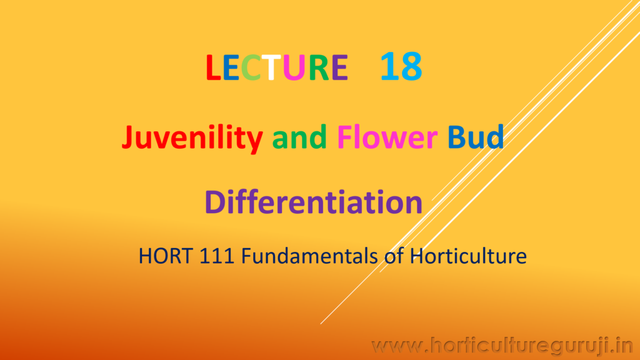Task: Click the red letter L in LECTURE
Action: point(214,67)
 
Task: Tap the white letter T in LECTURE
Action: point(271,67)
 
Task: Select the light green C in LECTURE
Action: point(251,67)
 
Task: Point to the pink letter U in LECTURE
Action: point(294,67)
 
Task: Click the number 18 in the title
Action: point(401,66)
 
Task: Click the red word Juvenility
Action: point(192,138)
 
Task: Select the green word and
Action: point(299,137)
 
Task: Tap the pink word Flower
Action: point(387,137)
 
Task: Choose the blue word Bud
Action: point(476,137)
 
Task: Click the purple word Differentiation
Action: point(314,202)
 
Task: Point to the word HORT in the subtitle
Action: point(166,256)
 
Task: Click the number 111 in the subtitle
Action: point(217,256)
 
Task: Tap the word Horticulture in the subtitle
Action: point(468,256)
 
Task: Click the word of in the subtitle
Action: point(394,256)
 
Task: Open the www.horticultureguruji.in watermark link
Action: point(502,346)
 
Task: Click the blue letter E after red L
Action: point(231,67)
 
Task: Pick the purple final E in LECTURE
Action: point(339,67)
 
